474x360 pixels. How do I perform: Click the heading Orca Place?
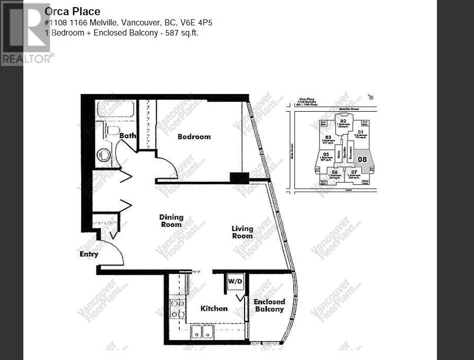click(73, 11)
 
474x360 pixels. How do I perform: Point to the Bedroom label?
click(194, 137)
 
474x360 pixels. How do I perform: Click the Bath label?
click(127, 136)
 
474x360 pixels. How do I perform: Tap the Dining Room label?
click(171, 221)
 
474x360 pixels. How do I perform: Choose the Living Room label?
click(242, 232)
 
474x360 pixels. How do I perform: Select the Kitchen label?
click(214, 308)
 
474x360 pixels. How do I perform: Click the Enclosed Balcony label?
click(269, 305)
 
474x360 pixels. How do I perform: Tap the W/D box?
click(234, 281)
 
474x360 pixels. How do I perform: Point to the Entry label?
click(89, 254)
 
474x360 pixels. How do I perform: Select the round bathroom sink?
click(104, 154)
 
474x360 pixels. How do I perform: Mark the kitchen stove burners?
click(177, 309)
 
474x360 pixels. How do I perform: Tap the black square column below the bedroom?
click(239, 178)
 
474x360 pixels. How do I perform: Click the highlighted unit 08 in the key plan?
click(362, 159)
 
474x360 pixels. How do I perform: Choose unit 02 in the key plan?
click(343, 122)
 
